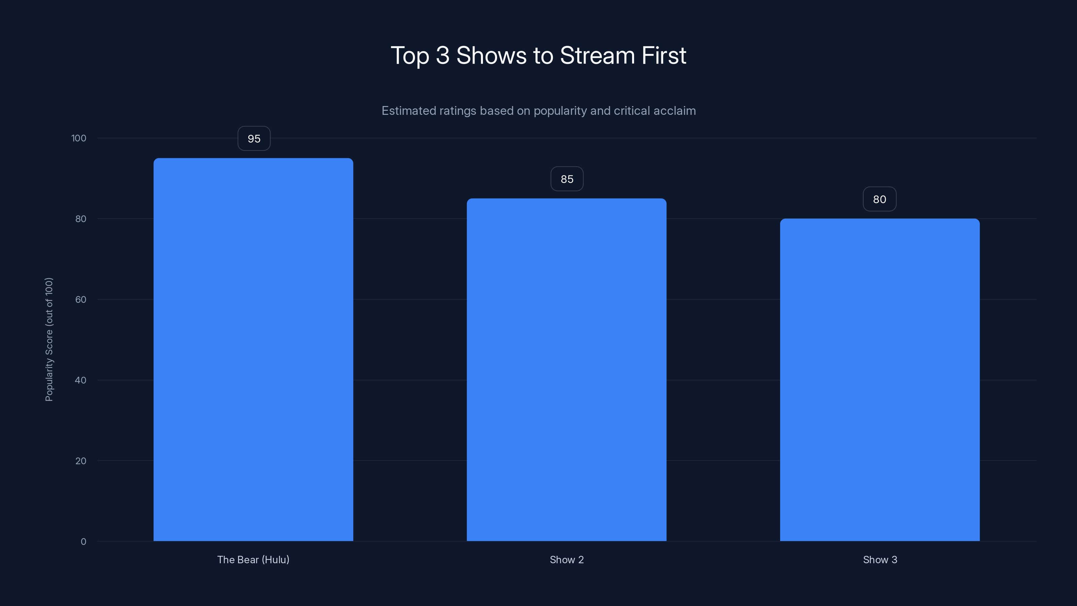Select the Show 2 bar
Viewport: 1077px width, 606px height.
tap(566, 370)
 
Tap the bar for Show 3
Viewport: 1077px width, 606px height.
tap(880, 380)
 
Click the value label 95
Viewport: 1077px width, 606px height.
tap(254, 138)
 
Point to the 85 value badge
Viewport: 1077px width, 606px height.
tap(567, 179)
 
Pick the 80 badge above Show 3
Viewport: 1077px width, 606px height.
tap(880, 199)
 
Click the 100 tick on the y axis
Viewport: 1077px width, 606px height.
tap(79, 138)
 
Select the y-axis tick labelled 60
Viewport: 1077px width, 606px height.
tap(81, 299)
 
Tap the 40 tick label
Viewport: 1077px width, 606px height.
tap(81, 380)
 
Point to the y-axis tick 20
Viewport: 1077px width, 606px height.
tap(81, 461)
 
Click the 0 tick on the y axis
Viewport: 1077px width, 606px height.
tap(83, 542)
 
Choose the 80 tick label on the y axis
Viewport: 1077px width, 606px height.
tap(81, 219)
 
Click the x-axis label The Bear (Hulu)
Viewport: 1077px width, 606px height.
tap(253, 560)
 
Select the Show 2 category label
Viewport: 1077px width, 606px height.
tap(566, 560)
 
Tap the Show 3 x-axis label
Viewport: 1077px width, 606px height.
tap(880, 560)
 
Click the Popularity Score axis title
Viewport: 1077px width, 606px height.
tap(49, 339)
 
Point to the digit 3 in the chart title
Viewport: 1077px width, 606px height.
tap(442, 56)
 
